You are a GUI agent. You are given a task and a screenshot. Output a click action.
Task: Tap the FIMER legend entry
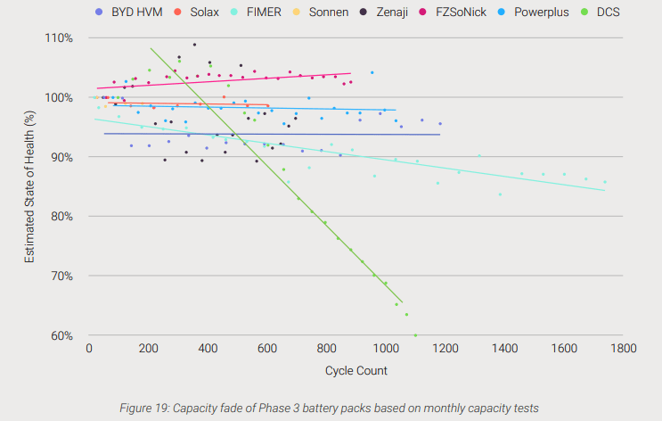point(266,13)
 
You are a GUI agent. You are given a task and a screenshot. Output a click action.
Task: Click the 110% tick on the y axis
point(57,38)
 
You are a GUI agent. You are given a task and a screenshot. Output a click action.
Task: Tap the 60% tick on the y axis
point(60,336)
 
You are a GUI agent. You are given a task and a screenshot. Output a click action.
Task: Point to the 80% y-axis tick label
point(60,217)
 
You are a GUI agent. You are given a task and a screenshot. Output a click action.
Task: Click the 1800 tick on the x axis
point(623,348)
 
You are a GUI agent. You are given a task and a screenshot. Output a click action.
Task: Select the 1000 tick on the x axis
point(386,348)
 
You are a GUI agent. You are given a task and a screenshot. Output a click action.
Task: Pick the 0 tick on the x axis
point(89,348)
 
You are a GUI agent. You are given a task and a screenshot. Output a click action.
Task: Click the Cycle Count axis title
point(356,368)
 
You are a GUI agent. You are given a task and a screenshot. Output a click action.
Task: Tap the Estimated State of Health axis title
point(29,187)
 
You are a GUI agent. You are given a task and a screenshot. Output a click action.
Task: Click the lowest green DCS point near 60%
point(415,335)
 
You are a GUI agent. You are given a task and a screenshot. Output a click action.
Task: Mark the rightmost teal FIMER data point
point(605,182)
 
